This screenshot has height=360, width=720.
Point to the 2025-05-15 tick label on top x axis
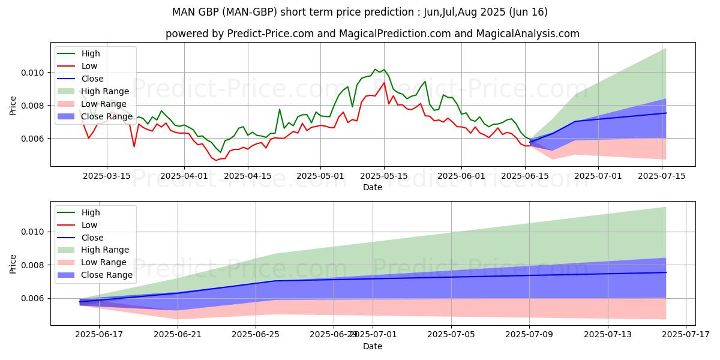pyautogui.click(x=385, y=176)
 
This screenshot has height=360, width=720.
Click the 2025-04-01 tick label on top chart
pyautogui.click(x=184, y=176)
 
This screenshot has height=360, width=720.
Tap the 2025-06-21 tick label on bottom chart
pyautogui.click(x=178, y=335)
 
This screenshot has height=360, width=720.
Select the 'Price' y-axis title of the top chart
pyautogui.click(x=13, y=106)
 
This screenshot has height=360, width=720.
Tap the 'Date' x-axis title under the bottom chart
pyautogui.click(x=373, y=346)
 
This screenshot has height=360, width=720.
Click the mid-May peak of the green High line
pyautogui.click(x=384, y=70)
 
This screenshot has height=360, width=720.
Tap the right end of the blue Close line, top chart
pyautogui.click(x=666, y=113)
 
